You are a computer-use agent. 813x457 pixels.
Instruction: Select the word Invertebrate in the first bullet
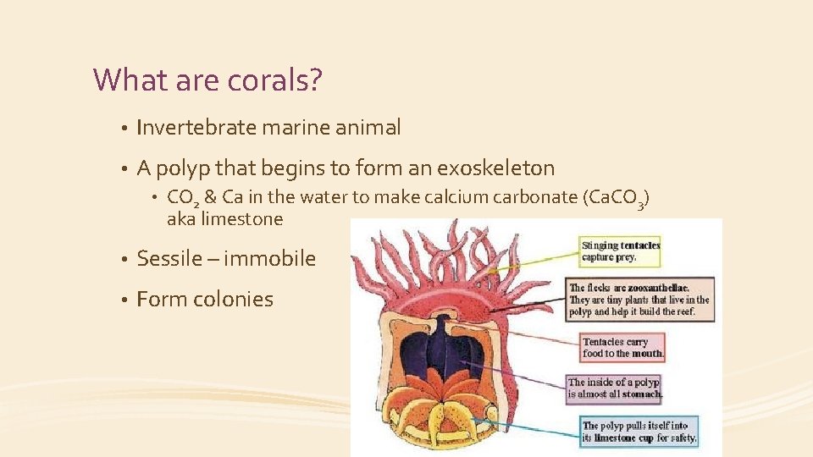(196, 128)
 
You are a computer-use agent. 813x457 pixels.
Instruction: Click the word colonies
(233, 299)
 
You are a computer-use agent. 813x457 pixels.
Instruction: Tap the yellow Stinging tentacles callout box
(621, 251)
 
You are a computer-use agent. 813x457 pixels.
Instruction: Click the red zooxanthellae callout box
(640, 300)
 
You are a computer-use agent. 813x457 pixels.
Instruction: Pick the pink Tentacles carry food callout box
(623, 348)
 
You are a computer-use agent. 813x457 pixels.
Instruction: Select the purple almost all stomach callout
(615, 388)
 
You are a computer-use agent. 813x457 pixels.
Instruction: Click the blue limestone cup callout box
(640, 432)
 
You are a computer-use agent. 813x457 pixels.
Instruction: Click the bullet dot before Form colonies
(123, 300)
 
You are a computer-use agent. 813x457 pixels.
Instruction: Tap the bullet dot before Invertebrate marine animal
(123, 129)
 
